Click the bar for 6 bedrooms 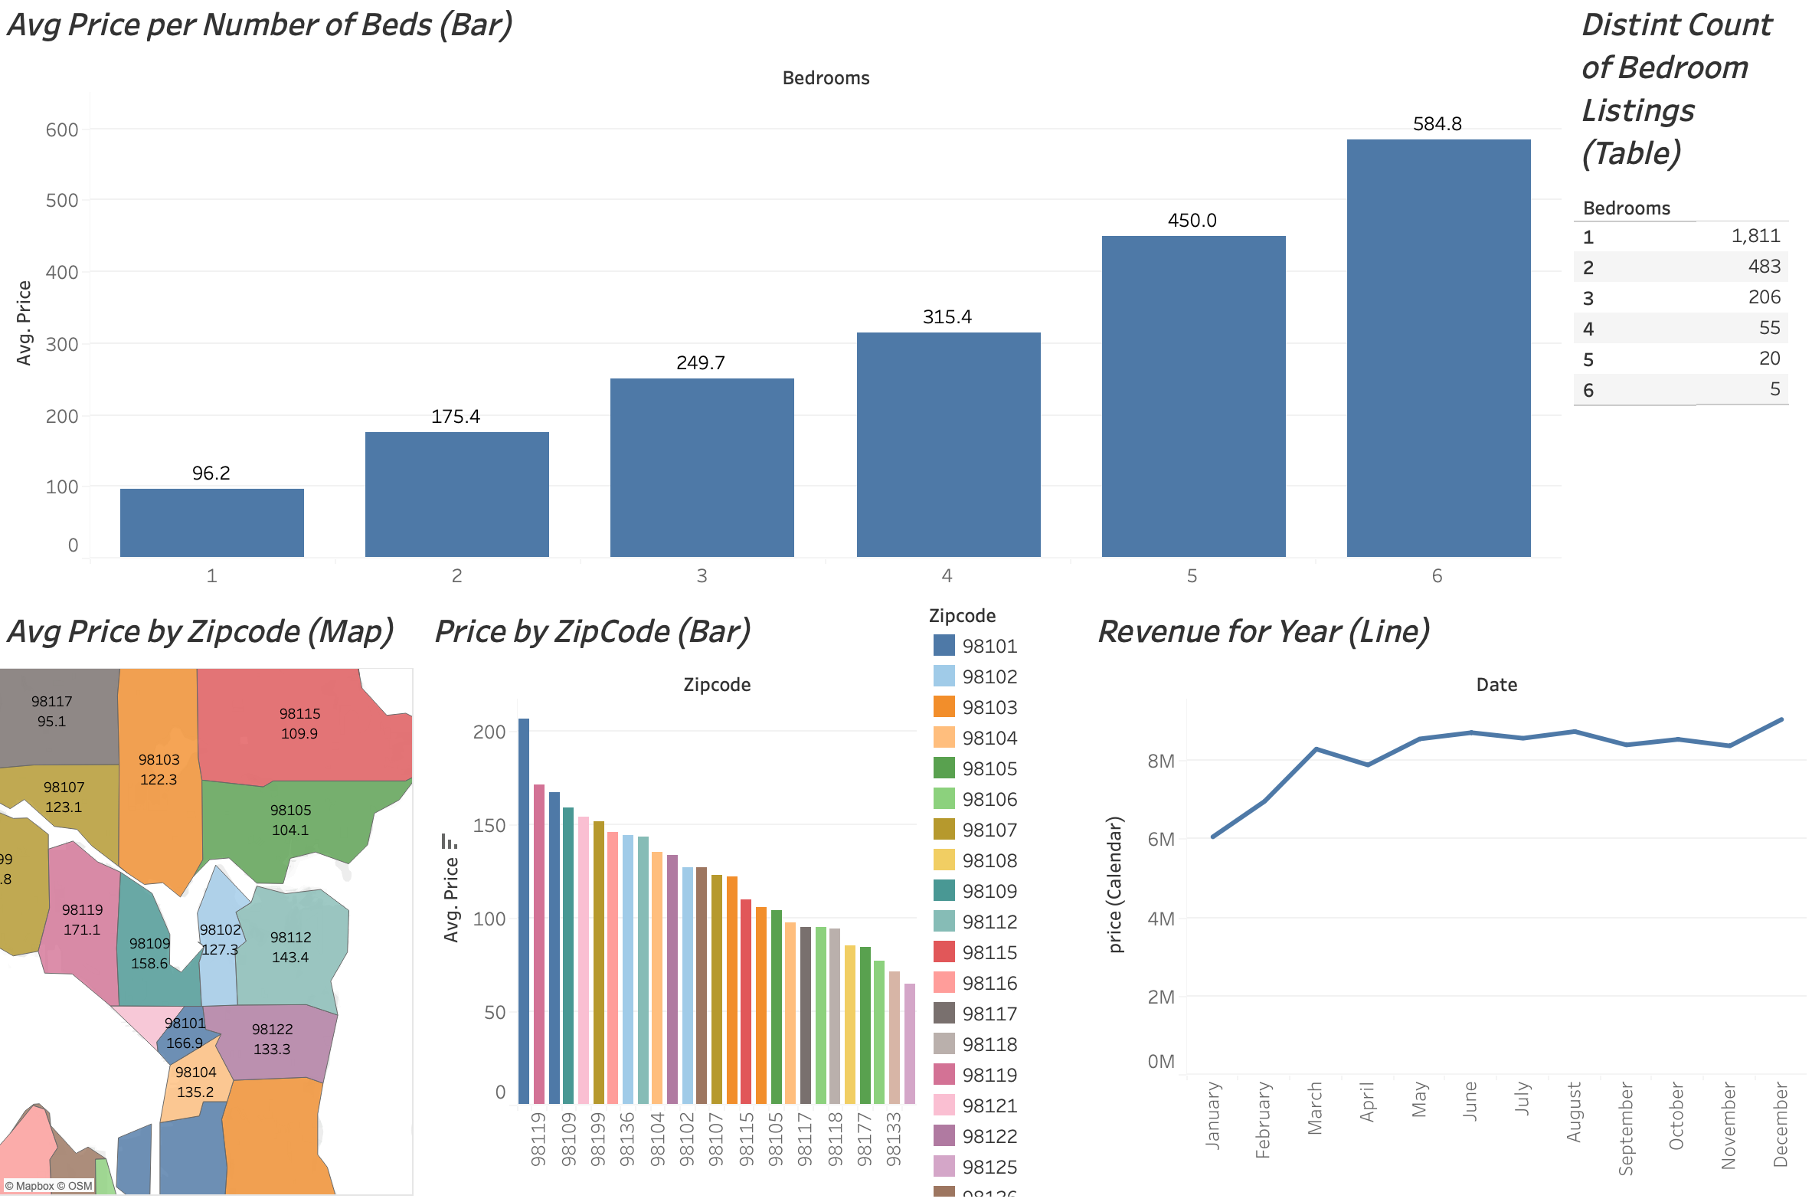point(1438,348)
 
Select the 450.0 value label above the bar point(1192,221)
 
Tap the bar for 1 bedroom point(211,522)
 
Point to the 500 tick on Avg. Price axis point(62,201)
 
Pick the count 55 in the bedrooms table point(1768,328)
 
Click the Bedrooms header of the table point(1626,208)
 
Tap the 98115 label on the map point(299,715)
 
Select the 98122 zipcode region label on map point(272,1030)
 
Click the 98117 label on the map point(51,703)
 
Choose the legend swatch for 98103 point(944,707)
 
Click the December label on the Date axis point(1781,1125)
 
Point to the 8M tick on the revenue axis point(1161,762)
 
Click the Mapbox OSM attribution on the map point(48,1187)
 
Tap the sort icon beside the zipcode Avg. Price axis point(450,842)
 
